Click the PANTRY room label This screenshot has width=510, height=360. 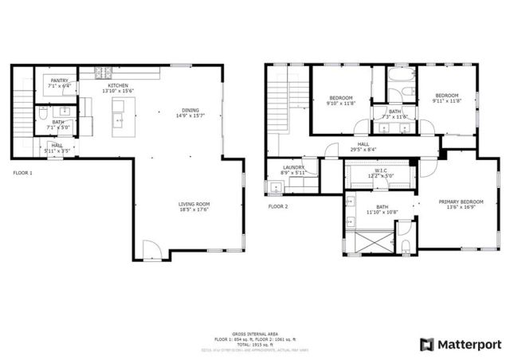click(59, 80)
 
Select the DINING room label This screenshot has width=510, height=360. click(190, 111)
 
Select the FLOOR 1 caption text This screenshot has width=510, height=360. click(22, 172)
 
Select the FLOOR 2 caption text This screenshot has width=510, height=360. click(277, 206)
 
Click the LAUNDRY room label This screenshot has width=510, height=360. click(293, 167)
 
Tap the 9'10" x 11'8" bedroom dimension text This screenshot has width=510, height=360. click(340, 103)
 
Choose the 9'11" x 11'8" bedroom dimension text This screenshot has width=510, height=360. click(446, 101)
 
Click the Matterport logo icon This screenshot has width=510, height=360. click(427, 344)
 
